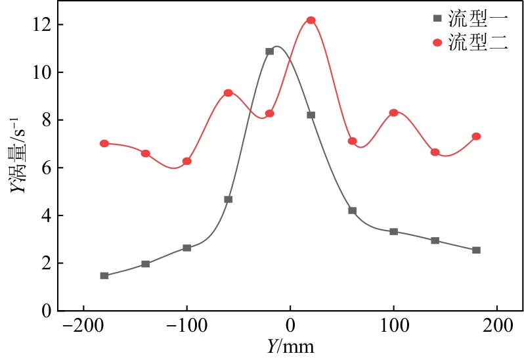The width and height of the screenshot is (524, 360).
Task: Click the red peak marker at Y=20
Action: pyautogui.click(x=311, y=20)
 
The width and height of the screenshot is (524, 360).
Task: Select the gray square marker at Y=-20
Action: pyautogui.click(x=270, y=51)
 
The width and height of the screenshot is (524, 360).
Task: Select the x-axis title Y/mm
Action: pyautogui.click(x=290, y=346)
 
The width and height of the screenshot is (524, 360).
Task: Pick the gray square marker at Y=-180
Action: pyautogui.click(x=104, y=275)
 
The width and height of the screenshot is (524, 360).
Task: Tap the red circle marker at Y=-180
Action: pyautogui.click(x=104, y=143)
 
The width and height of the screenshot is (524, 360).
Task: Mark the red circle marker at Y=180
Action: pyautogui.click(x=477, y=137)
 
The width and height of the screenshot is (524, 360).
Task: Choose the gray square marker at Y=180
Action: pyautogui.click(x=477, y=250)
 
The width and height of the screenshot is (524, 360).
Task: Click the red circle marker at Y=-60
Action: pyautogui.click(x=229, y=93)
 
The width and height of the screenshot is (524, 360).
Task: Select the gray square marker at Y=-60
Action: pyautogui.click(x=229, y=199)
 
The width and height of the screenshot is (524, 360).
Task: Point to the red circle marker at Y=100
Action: pyautogui.click(x=394, y=112)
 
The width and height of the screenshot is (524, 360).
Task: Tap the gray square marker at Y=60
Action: pyautogui.click(x=353, y=210)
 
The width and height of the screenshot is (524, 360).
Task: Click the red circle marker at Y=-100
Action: pyautogui.click(x=187, y=161)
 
